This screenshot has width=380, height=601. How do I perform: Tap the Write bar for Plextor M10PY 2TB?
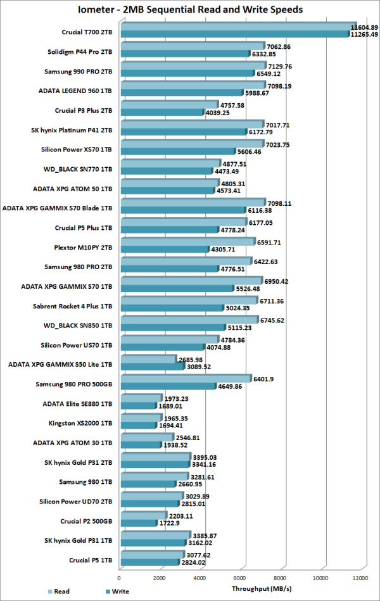tap(165, 250)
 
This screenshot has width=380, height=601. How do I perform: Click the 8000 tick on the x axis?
tap(281, 578)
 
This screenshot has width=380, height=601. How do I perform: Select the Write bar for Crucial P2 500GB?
tap(138, 523)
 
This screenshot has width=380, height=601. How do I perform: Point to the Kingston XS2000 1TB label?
tap(81, 421)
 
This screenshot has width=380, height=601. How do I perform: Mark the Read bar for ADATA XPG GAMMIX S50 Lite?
tap(147, 359)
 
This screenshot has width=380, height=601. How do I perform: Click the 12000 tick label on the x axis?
tap(362, 578)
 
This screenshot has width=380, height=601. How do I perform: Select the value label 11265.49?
tap(364, 35)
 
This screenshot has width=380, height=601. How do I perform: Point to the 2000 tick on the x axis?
tap(160, 578)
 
